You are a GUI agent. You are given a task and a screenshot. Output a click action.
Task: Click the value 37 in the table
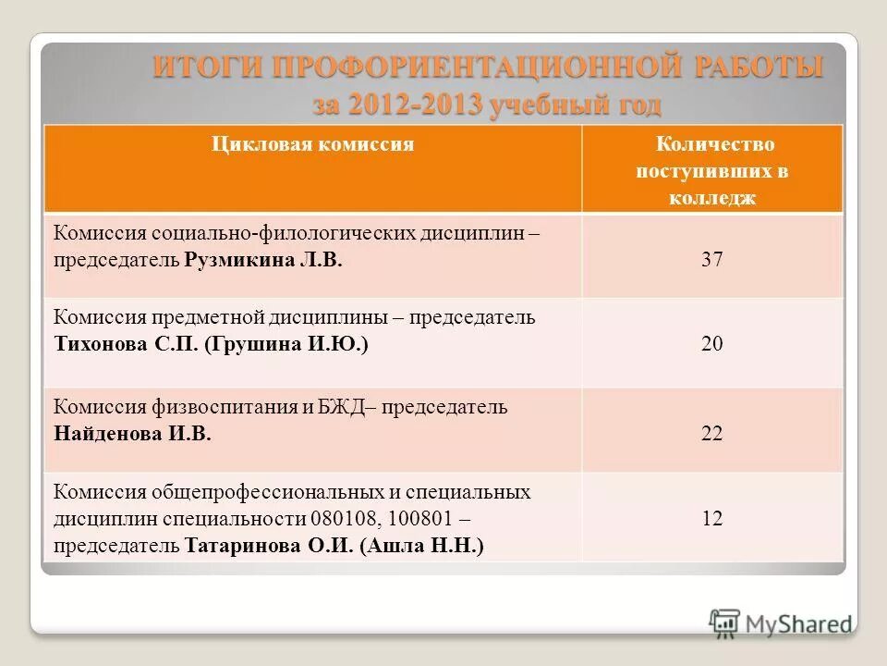click(711, 260)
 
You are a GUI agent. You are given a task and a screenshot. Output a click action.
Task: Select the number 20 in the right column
click(711, 344)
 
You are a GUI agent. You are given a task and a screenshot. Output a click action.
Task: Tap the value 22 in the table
click(711, 434)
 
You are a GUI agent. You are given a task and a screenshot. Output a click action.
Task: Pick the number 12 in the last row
click(711, 518)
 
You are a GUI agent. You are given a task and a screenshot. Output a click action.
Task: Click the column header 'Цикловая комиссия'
click(312, 144)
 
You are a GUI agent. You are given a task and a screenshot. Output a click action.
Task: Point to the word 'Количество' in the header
click(715, 144)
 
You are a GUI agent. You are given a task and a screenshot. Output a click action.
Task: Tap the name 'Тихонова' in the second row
click(97, 344)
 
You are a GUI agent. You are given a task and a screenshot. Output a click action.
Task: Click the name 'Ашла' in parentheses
click(398, 546)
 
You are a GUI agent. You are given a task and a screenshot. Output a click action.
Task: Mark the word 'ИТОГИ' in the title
click(205, 68)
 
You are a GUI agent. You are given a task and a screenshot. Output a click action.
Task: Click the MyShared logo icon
click(725, 622)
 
